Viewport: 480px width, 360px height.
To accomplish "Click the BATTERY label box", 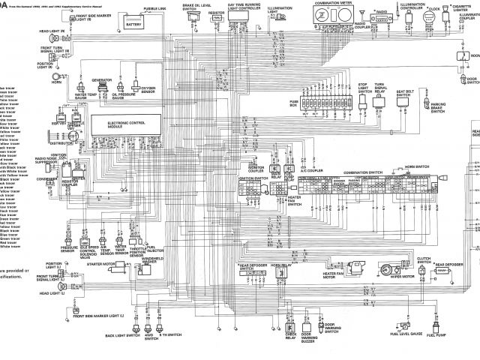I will (134, 23).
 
